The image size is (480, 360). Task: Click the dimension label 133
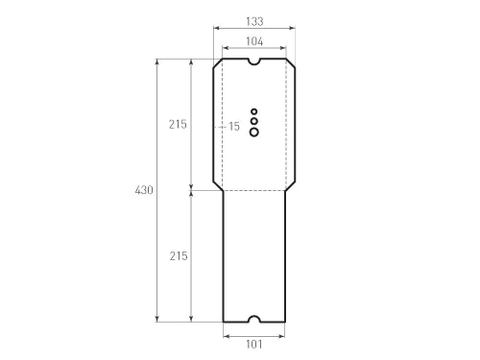(x=254, y=20)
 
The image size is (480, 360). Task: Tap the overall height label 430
(x=144, y=191)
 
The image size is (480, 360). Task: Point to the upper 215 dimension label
(x=178, y=125)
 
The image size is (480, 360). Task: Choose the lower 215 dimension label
(x=178, y=256)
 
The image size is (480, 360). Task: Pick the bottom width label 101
(x=254, y=345)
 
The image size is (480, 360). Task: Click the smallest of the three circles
(x=254, y=111)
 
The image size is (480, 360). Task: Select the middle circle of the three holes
(x=254, y=121)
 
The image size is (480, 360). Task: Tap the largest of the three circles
(x=254, y=132)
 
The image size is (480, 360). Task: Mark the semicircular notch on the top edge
(x=254, y=61)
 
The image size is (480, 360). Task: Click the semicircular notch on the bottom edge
(x=254, y=319)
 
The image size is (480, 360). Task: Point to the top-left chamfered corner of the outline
(x=218, y=65)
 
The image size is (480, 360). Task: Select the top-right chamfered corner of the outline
(x=291, y=65)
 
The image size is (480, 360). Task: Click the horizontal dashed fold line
(x=254, y=191)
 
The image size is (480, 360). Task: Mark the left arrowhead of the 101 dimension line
(x=227, y=335)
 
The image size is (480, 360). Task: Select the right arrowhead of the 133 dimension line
(x=292, y=29)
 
